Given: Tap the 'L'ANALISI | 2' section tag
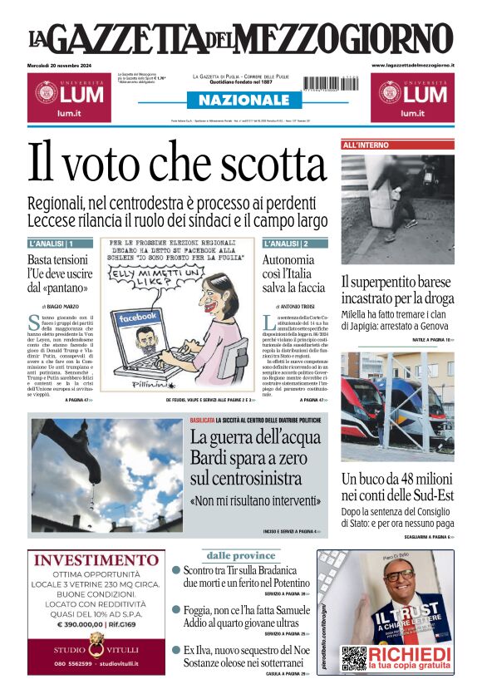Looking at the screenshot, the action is coord(286,244).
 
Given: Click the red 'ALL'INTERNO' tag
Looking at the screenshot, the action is coord(366,145).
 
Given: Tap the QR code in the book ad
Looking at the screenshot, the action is coord(354,657).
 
